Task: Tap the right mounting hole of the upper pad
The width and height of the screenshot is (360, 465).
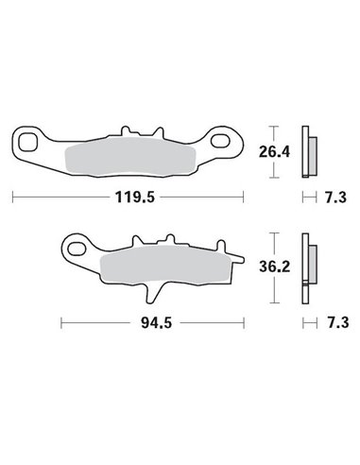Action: [223, 143]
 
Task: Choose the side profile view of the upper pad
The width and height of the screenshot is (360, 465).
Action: [307, 149]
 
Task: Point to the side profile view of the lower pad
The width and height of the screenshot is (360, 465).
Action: [307, 267]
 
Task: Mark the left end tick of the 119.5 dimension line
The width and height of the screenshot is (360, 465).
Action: [12, 198]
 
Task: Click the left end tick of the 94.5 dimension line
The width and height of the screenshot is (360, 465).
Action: [61, 322]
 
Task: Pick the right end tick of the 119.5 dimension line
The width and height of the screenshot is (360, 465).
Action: [244, 198]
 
